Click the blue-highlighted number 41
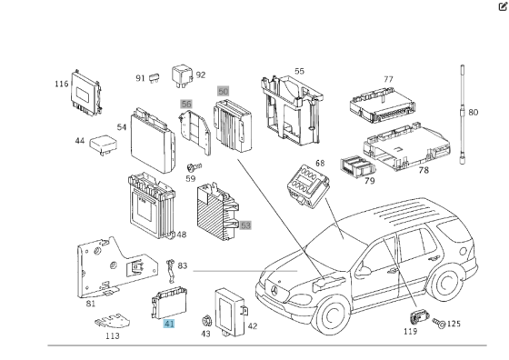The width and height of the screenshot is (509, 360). [168, 323]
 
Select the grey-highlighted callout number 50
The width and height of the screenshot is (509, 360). [223, 92]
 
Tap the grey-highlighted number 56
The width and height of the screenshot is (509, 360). [186, 105]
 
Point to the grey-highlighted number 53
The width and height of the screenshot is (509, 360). [245, 225]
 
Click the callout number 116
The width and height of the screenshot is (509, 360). [61, 84]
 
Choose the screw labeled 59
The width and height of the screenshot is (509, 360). [193, 167]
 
